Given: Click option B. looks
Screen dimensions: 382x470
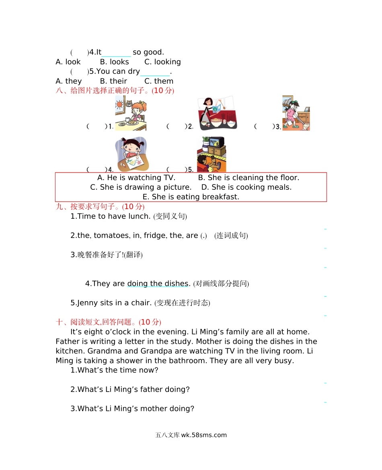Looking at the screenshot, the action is pos(114,62).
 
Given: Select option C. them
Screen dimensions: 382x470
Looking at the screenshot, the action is pos(158,81).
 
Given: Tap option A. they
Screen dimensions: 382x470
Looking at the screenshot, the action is pos(69,81).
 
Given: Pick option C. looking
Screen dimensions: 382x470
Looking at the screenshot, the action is pos(162,62).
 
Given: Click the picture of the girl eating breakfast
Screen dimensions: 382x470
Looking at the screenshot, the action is pos(131,113).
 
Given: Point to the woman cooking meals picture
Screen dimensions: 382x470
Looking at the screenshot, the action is pos(218,113).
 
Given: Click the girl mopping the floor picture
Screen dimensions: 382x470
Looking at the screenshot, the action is pos(296,113).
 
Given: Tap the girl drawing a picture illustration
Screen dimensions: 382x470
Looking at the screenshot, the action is pos(132,154).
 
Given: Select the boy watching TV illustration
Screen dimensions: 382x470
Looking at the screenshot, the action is pos(212,154).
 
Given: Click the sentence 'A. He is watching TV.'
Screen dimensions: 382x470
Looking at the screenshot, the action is pos(136,178).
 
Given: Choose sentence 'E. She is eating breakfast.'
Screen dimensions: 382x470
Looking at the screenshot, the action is pos(191,197).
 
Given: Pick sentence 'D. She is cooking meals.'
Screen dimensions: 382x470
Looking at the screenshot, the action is pos(246,187).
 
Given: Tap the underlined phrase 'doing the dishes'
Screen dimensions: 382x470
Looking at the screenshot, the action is pos(158,283).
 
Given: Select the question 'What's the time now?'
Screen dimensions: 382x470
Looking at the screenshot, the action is pos(118,370).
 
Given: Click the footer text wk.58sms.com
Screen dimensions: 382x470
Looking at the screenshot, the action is pos(204,435).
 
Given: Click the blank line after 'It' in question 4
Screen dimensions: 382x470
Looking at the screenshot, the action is pos(116,56).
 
